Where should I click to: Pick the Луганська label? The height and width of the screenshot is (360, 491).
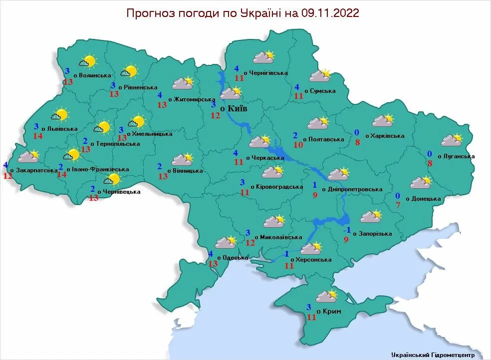click(456, 156)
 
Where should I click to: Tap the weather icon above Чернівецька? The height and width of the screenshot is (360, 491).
click(111, 179)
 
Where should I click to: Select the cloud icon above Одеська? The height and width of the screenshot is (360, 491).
click(225, 243)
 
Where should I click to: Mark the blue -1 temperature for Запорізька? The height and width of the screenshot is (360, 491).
click(347, 230)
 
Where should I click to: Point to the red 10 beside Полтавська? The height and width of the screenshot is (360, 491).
click(298, 145)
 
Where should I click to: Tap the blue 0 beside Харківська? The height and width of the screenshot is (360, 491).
click(357, 132)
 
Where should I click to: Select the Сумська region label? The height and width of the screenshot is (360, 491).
click(322, 91)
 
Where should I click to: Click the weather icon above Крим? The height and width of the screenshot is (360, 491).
click(327, 296)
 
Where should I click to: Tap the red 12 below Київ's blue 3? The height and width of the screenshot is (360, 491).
click(215, 115)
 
